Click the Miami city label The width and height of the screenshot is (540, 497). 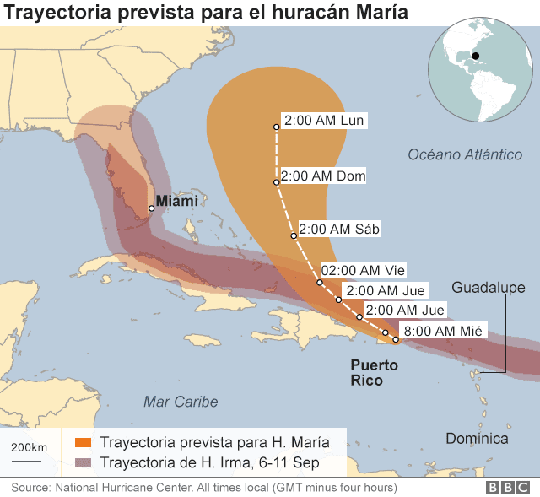coord(178,201)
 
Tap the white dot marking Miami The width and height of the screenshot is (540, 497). coord(151,208)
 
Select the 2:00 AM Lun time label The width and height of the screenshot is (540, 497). coord(324,121)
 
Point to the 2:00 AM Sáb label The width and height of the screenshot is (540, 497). coord(339,229)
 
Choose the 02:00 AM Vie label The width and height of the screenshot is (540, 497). coord(364,270)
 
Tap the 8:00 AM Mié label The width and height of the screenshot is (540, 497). coord(443,331)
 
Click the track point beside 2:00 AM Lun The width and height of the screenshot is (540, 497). coord(276,127)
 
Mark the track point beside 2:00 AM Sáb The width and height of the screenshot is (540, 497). coord(293,235)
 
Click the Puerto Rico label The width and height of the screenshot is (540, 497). coord(375,373)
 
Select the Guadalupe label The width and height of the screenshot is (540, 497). coord(488,288)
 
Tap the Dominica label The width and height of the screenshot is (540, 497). coord(477,438)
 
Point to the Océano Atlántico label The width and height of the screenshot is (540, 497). coord(465,154)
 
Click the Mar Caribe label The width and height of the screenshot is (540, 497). coord(180,402)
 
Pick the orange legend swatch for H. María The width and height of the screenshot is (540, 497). coord(83,442)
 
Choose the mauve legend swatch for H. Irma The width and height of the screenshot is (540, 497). coord(83,462)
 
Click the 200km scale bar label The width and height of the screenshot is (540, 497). coord(28,446)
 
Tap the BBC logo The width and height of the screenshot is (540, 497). coord(507,488)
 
